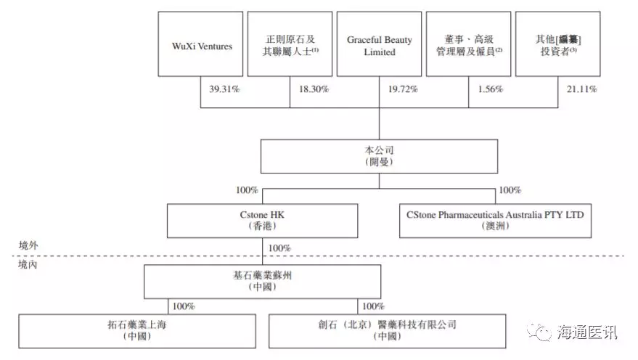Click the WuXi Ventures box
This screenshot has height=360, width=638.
coord(202,44)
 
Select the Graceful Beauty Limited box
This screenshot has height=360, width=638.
coord(380,44)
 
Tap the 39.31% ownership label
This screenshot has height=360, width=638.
coord(225,89)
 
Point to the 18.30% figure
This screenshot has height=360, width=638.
coord(314,89)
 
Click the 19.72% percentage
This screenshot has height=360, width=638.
coord(403,89)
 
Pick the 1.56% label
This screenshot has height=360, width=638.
coord(490,89)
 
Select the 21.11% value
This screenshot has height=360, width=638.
coord(581,89)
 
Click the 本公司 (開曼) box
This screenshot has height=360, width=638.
coord(379,156)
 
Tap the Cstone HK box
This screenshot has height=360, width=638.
coord(262,221)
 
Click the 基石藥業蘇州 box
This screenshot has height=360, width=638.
coord(262,282)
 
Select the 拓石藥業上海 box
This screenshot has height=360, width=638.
coord(137,330)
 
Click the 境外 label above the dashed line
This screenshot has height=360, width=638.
coord(28,246)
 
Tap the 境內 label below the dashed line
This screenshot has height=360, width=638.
coord(28,266)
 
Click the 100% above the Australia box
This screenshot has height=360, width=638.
coord(510,191)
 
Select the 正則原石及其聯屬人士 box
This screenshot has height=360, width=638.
coord(290,44)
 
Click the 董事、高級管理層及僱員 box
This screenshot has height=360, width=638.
coord(468,44)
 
